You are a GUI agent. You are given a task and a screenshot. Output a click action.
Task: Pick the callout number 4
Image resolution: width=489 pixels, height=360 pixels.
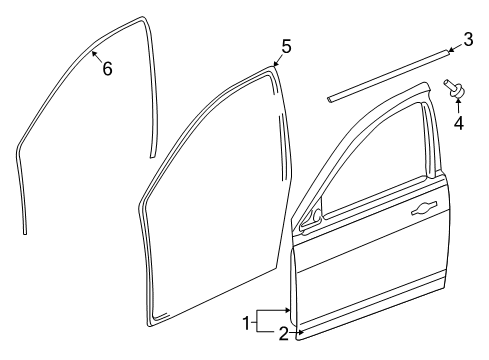click(x=459, y=124)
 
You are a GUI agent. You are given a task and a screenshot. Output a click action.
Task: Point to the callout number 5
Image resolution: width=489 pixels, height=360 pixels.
click(x=286, y=46)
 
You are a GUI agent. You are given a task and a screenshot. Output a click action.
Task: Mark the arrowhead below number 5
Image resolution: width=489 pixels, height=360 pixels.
click(x=276, y=65)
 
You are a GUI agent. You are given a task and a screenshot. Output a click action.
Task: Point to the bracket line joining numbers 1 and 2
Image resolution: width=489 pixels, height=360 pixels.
click(x=256, y=322)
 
